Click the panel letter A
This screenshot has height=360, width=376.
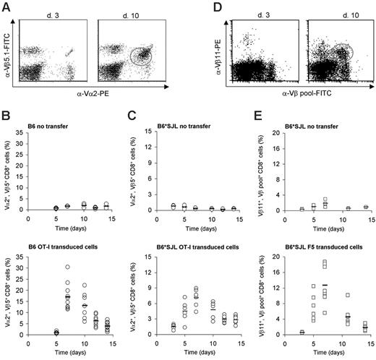pos(7,7)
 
